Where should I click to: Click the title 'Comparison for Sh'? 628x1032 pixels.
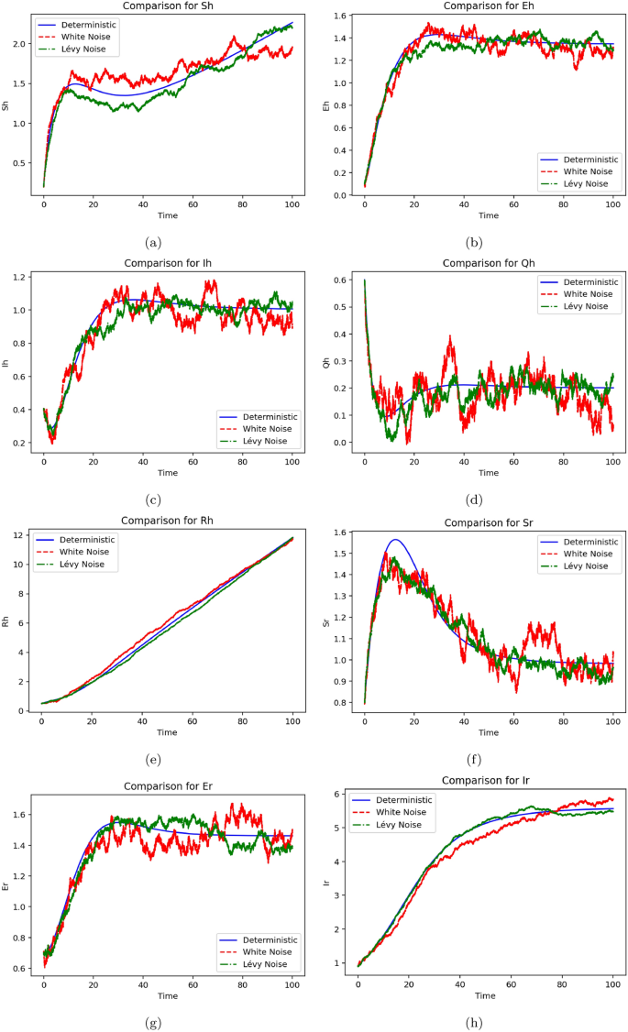coord(167,6)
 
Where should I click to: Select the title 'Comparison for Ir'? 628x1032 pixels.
coord(485,780)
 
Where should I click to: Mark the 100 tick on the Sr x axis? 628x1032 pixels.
coord(612,720)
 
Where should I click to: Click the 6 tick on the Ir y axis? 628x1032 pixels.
coord(344,795)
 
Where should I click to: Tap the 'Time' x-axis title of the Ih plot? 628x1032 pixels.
coord(167,473)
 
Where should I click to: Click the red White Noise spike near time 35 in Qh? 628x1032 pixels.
coord(450,337)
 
